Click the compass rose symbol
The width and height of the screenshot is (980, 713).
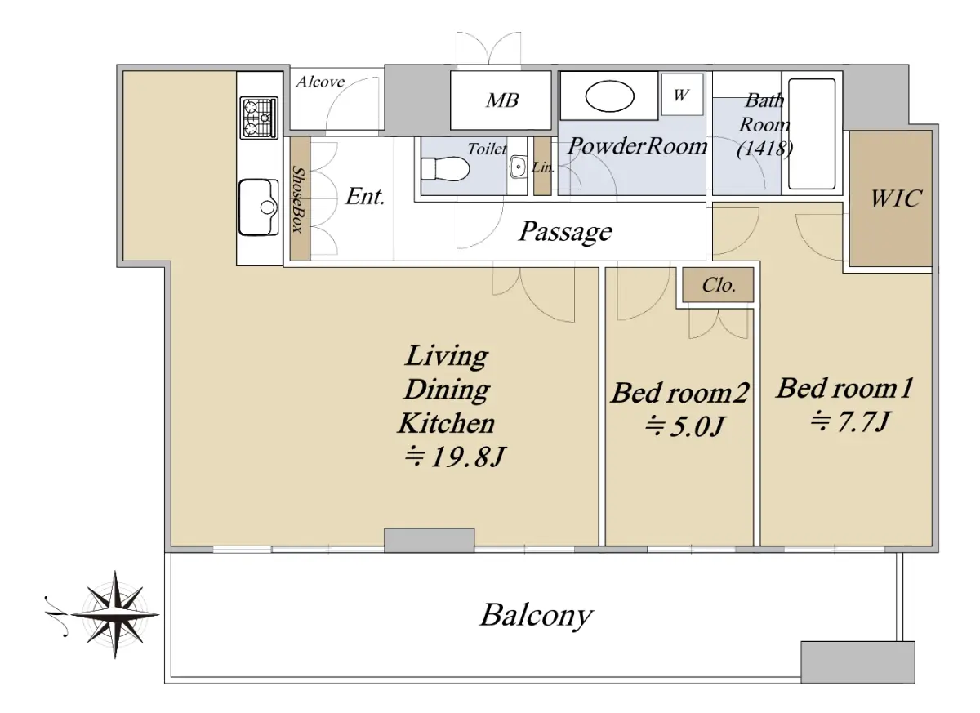(x=114, y=614)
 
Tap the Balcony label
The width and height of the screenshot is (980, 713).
(x=537, y=616)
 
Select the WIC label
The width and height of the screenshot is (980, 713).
(x=897, y=198)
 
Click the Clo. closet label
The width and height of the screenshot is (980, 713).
(x=719, y=285)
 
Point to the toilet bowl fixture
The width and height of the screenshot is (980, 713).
(x=445, y=169)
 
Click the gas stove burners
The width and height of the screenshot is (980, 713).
(x=259, y=118)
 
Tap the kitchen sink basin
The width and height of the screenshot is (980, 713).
(x=259, y=207)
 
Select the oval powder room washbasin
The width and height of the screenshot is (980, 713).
(x=609, y=96)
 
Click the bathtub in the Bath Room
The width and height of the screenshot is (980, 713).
(x=812, y=134)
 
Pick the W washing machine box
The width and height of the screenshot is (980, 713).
(x=682, y=95)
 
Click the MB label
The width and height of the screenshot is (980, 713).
(x=502, y=100)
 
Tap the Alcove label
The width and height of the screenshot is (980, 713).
(x=320, y=82)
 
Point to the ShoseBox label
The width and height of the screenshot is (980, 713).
(x=298, y=199)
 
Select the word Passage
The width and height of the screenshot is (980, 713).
(x=566, y=232)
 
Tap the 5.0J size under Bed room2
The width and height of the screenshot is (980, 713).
(x=685, y=426)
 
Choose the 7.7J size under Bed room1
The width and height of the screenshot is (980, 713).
(x=850, y=421)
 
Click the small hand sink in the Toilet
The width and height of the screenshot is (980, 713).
(x=518, y=167)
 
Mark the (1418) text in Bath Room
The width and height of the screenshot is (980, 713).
(x=764, y=149)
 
